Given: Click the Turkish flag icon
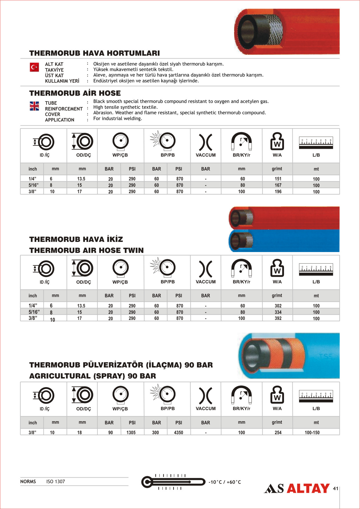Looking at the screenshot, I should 34,67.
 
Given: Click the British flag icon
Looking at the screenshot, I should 34,106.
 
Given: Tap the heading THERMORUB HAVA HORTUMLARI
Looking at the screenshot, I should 95,53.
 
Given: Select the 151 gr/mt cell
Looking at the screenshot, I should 278,179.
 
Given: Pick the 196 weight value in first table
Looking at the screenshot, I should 278,191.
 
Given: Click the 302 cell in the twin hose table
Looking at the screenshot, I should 278,306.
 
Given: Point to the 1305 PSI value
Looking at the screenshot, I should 131,432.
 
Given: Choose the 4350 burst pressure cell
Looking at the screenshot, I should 178,432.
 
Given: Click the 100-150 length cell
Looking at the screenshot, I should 312,432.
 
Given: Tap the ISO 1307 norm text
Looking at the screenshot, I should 56,481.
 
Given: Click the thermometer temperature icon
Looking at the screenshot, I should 173,482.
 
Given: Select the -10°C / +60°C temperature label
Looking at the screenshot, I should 225,482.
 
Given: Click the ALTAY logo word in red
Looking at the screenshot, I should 308,488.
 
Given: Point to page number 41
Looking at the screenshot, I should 335,488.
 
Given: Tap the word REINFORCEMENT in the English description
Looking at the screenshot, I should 64,109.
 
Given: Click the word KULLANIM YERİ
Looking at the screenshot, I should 62,81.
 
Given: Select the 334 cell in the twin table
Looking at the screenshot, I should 278,312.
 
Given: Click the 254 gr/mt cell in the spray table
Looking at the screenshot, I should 278,432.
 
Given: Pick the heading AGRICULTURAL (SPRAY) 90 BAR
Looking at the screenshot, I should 93,376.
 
